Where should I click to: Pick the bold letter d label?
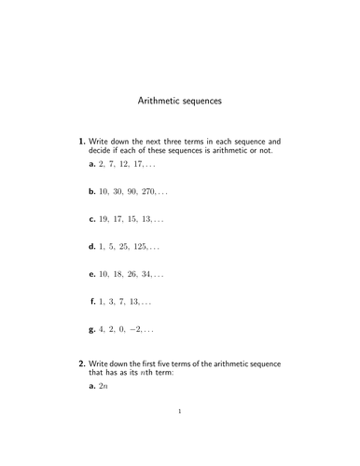click(x=92, y=247)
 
